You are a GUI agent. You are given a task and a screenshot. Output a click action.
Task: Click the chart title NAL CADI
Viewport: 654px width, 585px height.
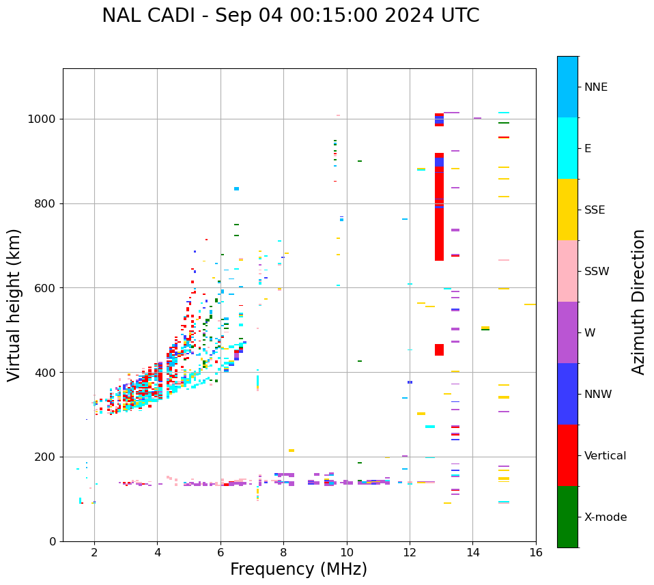point(290,16)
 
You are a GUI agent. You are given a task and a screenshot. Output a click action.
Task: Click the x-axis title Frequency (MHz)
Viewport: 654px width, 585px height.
point(298,569)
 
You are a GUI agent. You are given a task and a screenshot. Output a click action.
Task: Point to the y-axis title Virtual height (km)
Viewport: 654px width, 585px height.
point(14,304)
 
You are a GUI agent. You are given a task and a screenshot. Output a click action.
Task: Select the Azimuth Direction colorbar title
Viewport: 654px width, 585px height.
point(638,301)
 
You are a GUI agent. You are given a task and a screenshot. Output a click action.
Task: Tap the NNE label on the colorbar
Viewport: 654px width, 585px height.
point(595,87)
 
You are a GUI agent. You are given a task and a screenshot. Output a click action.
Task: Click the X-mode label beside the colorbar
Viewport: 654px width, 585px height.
point(605,517)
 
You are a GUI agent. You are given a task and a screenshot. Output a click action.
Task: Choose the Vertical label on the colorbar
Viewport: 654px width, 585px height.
point(605,456)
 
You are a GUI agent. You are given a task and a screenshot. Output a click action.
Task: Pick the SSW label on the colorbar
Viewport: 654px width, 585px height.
point(597,272)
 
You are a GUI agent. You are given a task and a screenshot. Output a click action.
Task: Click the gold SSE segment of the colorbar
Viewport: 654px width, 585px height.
point(567,210)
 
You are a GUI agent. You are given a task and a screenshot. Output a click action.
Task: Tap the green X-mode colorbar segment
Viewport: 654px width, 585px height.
point(567,517)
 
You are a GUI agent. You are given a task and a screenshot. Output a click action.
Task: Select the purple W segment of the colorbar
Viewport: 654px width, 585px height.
point(567,332)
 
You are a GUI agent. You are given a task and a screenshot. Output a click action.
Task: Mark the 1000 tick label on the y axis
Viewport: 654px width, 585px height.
point(43,119)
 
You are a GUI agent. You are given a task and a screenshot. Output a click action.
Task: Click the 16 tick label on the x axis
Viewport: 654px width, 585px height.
point(536,552)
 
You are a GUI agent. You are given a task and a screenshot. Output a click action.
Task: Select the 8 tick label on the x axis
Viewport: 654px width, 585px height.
point(283,552)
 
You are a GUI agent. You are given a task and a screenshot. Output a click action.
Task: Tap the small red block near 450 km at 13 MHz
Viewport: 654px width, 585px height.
point(439,349)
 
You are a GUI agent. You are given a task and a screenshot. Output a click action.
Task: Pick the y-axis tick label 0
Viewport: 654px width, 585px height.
point(53,541)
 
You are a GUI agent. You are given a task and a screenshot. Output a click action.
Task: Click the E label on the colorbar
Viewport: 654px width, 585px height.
point(588,149)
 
